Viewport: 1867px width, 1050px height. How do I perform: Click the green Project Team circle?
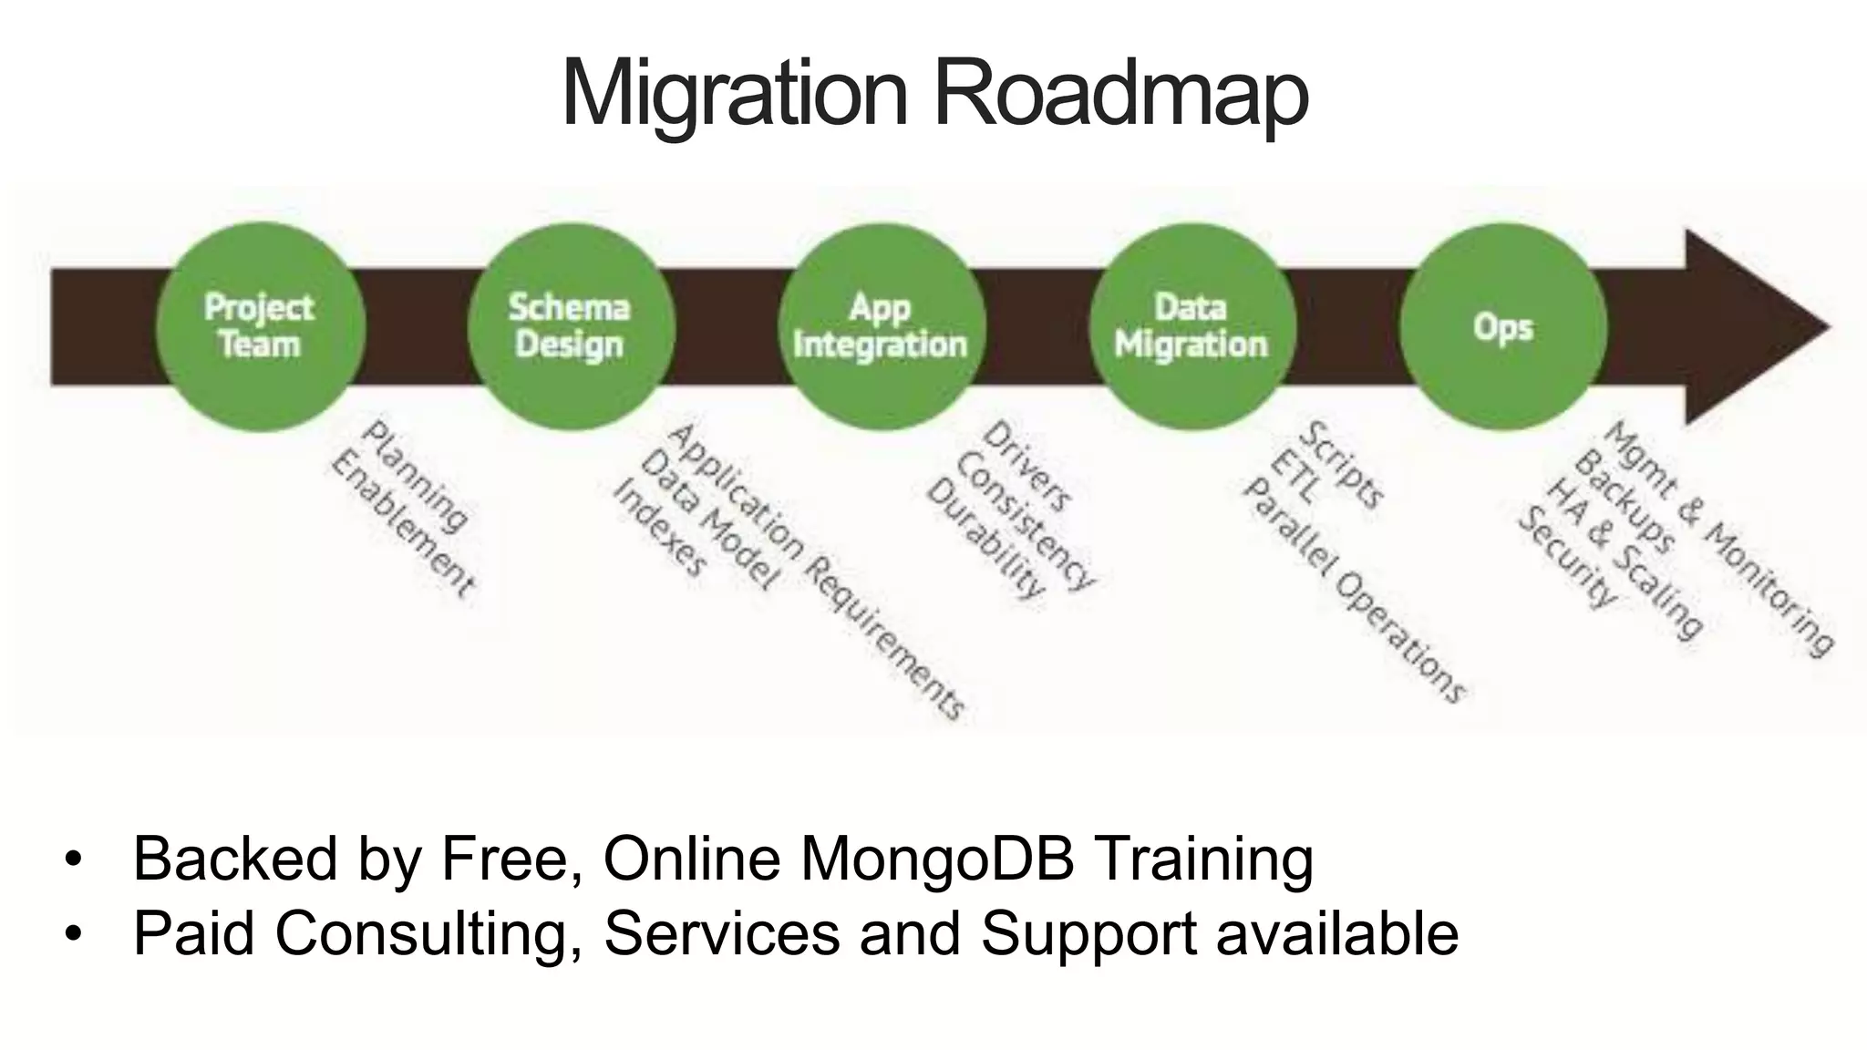click(260, 326)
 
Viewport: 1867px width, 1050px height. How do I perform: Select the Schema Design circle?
click(570, 326)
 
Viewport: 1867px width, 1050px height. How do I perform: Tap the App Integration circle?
click(881, 326)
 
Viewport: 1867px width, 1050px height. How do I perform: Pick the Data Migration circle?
click(1191, 326)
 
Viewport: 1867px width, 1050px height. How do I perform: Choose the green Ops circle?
click(1502, 326)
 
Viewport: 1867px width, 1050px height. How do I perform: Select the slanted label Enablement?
click(402, 525)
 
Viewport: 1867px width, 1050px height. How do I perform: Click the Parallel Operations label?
click(1353, 592)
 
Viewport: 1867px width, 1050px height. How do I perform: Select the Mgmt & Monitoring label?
click(1717, 538)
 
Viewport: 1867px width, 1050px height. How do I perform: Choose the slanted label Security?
click(1566, 558)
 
